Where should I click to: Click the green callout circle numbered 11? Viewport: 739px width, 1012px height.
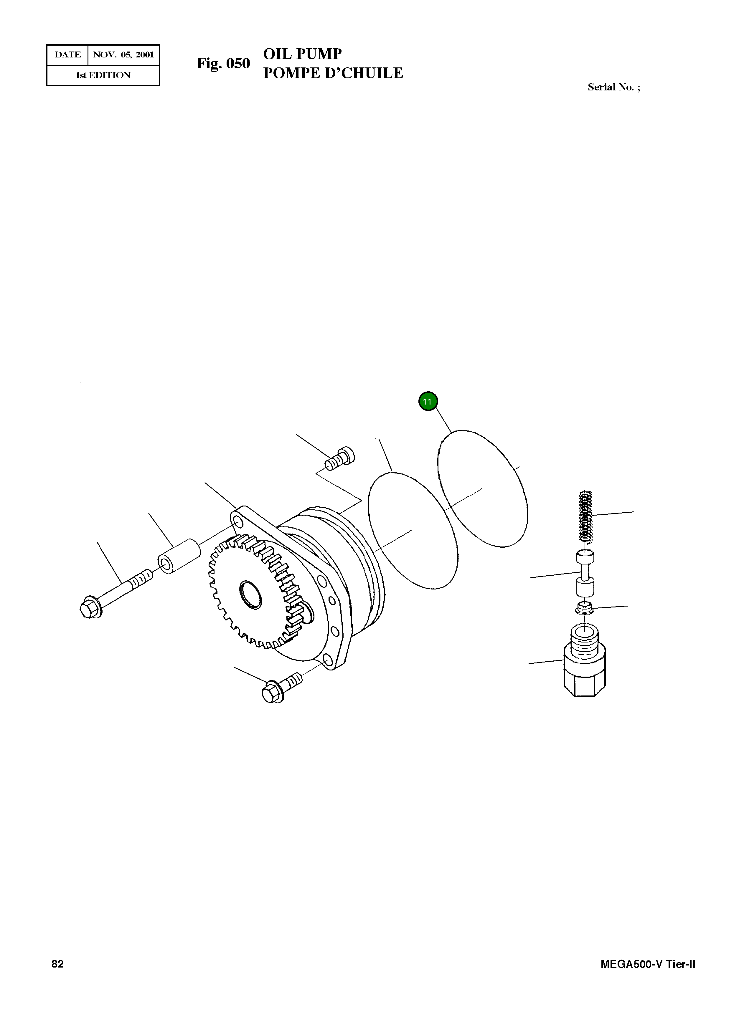click(428, 401)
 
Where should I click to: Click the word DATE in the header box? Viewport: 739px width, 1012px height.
click(67, 55)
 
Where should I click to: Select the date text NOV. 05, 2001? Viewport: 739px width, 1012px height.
click(123, 55)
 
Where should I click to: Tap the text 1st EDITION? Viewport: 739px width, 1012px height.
click(103, 75)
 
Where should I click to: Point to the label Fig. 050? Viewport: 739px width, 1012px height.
click(223, 64)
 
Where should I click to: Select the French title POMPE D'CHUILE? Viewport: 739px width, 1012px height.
click(333, 73)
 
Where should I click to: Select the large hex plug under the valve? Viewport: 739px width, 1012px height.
click(585, 670)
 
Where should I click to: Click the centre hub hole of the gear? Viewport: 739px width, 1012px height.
click(250, 594)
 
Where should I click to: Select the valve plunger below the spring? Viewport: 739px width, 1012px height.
click(585, 574)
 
